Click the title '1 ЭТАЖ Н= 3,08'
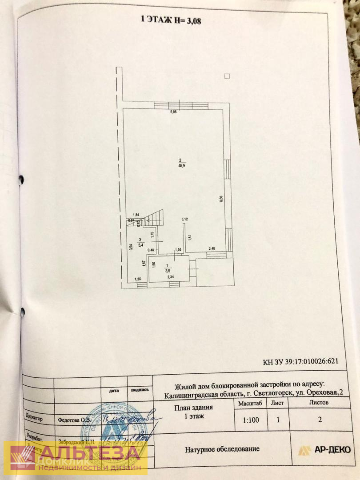171,20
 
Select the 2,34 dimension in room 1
171,277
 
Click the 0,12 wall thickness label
184,219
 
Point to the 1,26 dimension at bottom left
139,279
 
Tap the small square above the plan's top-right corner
227,76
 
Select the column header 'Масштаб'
250,403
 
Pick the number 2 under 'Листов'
320,419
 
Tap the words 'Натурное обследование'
222,449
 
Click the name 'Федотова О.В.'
74,419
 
